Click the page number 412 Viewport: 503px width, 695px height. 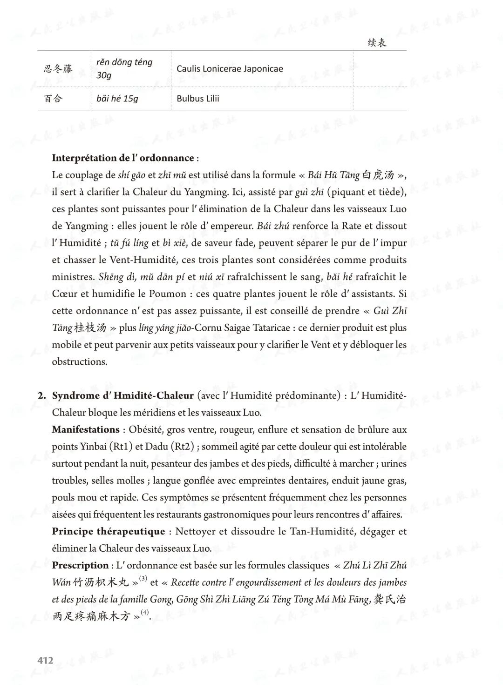[45, 660]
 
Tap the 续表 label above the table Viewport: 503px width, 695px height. [377, 43]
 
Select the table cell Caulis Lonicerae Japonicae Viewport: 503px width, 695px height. [230, 69]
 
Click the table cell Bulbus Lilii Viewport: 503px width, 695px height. [198, 99]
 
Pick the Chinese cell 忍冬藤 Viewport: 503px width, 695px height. [58, 69]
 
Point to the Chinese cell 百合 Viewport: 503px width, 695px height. [53, 99]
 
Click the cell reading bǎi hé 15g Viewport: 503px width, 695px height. [117, 99]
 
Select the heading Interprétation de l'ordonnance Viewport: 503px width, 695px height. [123, 158]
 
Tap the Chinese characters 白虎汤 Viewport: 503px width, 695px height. [378, 175]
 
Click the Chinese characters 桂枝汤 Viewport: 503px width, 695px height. [90, 328]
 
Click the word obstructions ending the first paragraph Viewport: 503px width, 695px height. [79, 362]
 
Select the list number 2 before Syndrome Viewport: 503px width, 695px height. [41, 396]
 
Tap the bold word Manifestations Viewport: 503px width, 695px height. [86, 430]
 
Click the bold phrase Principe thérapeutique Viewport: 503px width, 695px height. [109, 532]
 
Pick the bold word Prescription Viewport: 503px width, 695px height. [80, 566]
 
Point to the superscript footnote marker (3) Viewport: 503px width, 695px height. [143, 579]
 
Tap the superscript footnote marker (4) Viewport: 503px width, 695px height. [145, 613]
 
